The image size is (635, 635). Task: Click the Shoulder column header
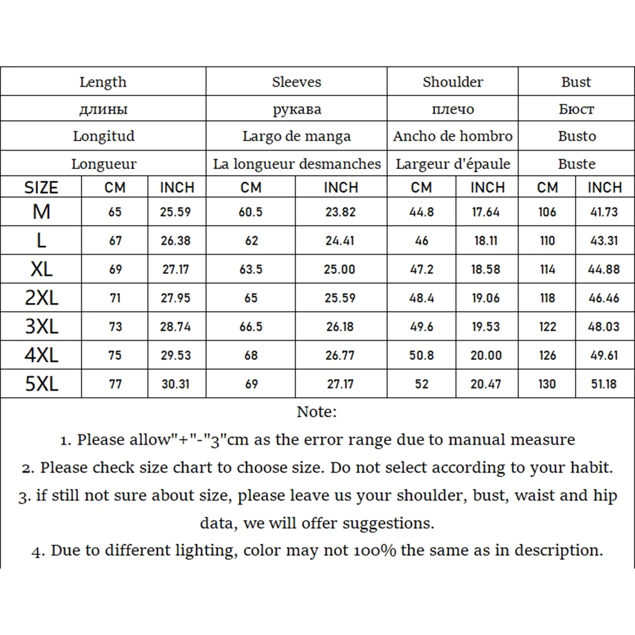(x=452, y=82)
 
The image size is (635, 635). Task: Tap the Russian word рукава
(x=296, y=109)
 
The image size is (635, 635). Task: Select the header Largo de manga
(x=296, y=136)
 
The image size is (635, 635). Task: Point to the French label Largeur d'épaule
(x=452, y=164)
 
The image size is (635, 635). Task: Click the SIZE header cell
(x=41, y=188)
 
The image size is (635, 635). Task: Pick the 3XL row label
(x=42, y=326)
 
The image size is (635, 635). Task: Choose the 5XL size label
(x=42, y=384)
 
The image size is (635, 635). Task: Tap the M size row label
(x=42, y=212)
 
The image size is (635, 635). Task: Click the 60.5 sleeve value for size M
(x=251, y=212)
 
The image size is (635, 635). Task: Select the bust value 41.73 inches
(x=604, y=212)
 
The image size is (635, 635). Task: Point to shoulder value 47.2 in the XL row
(x=422, y=269)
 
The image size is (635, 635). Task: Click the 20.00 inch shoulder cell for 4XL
(x=486, y=355)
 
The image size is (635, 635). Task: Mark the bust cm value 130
(x=547, y=384)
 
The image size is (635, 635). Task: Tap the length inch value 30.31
(x=175, y=384)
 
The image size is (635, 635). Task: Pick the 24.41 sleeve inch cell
(x=340, y=240)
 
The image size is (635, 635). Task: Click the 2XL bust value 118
(x=547, y=298)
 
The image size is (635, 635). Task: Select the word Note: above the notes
(x=317, y=412)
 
